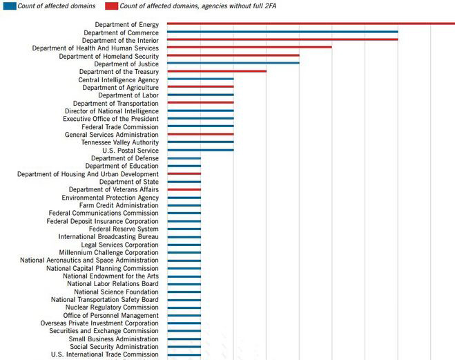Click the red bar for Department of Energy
[x=311, y=23]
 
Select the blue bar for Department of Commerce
[x=282, y=32]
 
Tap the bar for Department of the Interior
[x=282, y=39]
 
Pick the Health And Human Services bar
[x=249, y=47]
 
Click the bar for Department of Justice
[x=233, y=63]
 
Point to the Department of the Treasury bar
[x=217, y=71]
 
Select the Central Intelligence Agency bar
[x=200, y=79]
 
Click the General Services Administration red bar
[x=200, y=134]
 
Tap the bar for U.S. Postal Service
[x=200, y=150]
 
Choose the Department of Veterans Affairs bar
[x=184, y=189]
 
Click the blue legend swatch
[x=10, y=6]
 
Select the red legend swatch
[x=112, y=6]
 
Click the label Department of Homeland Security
[x=109, y=57]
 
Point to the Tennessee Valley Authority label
[x=120, y=142]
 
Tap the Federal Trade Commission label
[x=120, y=127]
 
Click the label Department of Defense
[x=125, y=158]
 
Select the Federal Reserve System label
[x=124, y=229]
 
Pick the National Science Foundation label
[x=116, y=292]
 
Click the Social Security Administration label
[x=114, y=347]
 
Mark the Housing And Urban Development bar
[x=184, y=173]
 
